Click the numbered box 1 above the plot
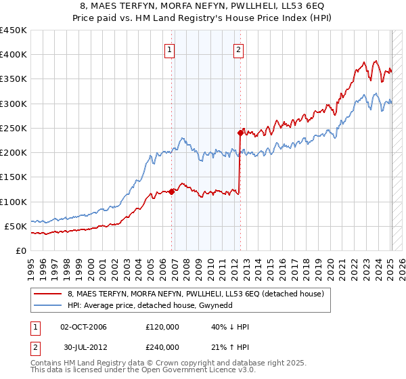coord(169,49)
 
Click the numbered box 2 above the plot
coord(239,49)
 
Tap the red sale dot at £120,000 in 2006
coord(172,192)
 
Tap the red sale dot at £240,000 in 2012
coord(240,133)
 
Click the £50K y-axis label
coord(16,226)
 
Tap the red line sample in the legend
coord(48,294)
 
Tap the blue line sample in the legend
coord(48,305)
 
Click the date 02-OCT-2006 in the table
coord(84,327)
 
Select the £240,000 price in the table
coord(162,347)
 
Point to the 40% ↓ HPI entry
coord(230,327)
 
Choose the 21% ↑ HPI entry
coord(230,347)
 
